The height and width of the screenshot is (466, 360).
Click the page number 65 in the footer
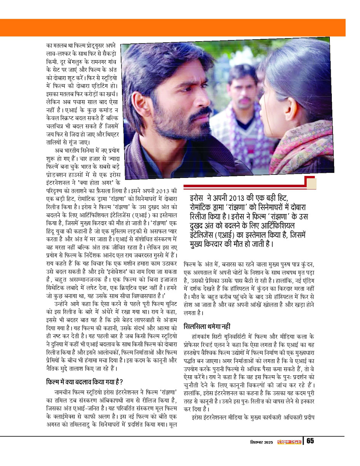pyautogui.click(x=310, y=441)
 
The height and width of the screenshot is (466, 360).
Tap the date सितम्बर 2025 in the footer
pyautogui.click(x=261, y=442)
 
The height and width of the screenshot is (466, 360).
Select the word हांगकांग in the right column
pyautogui.click(x=203, y=338)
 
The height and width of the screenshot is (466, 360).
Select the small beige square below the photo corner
pyautogui.click(x=311, y=184)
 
